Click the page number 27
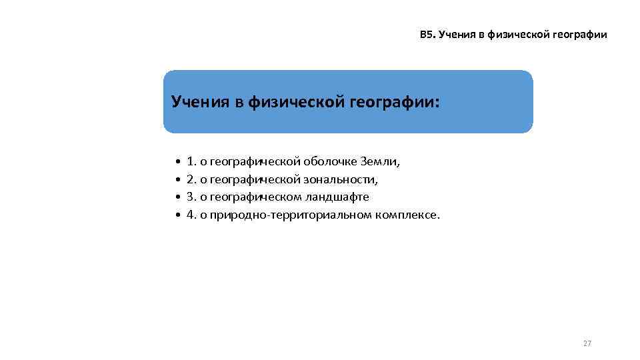(x=587, y=343)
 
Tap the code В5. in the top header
(x=427, y=35)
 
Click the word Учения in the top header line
(x=457, y=35)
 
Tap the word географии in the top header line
(x=578, y=35)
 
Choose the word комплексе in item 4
(x=407, y=215)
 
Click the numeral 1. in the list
(x=192, y=161)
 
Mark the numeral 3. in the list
(x=192, y=197)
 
